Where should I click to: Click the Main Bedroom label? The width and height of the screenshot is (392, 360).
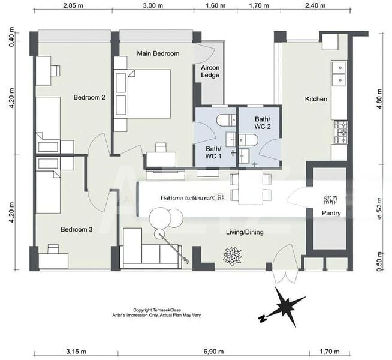coord(158,53)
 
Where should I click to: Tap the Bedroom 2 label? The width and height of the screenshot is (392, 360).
coord(89,97)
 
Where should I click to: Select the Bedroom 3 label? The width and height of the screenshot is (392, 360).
coord(77,229)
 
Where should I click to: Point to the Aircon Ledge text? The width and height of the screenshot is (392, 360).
coord(210,71)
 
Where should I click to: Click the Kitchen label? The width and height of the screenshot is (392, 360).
coord(316,98)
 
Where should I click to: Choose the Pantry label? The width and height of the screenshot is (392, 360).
coord(331,212)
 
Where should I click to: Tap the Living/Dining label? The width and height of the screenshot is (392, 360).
coord(245,232)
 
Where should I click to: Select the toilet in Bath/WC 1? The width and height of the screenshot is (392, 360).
coord(227,120)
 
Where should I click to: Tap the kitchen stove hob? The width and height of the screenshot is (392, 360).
coord(340,131)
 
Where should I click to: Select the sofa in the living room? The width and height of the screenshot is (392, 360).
coord(150,255)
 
